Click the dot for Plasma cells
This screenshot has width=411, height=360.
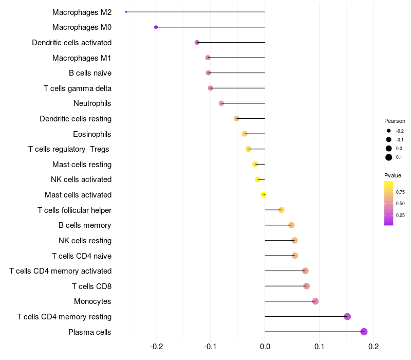[364, 332]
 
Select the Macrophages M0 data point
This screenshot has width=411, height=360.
[156, 27]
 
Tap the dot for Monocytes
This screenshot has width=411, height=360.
[315, 301]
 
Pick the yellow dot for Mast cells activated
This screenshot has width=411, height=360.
[263, 195]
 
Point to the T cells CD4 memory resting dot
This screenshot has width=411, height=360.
[347, 316]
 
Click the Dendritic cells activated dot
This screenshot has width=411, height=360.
[197, 42]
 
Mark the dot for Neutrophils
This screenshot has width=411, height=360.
[221, 103]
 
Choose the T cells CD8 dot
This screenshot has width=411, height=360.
[307, 286]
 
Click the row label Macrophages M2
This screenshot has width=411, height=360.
[82, 12]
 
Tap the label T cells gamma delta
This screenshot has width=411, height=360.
[78, 88]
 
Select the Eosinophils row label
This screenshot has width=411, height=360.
[92, 134]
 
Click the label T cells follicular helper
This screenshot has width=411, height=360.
[74, 210]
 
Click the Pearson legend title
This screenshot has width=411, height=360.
[395, 121]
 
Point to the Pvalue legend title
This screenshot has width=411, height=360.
[393, 176]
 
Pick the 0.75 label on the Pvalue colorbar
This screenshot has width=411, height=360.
[400, 192]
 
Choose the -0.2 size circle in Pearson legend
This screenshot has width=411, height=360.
[389, 131]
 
